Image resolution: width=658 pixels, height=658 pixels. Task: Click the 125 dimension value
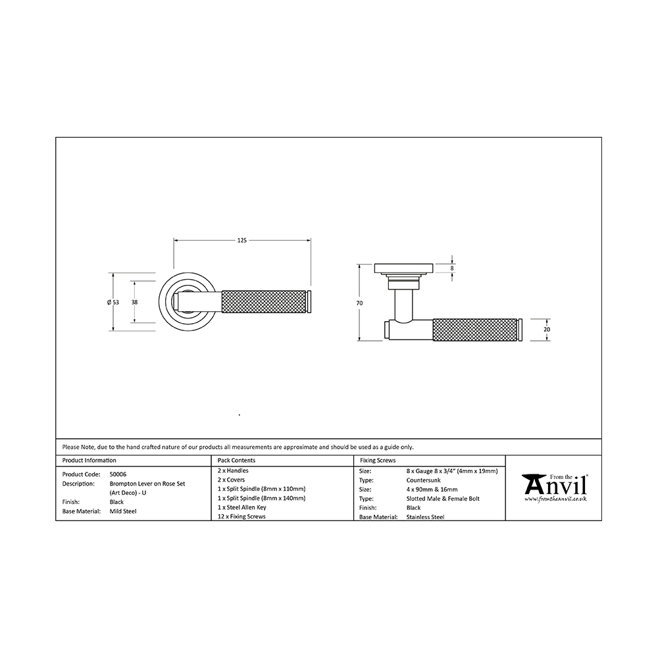[x=242, y=240]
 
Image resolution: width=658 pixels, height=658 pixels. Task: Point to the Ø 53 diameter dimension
[x=113, y=302]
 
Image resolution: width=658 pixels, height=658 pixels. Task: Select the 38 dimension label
[x=134, y=302]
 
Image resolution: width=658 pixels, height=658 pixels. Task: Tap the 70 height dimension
[x=359, y=303]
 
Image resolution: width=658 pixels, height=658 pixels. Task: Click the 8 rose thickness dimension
[x=452, y=268]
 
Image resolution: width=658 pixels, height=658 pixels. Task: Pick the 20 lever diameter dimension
[x=546, y=330]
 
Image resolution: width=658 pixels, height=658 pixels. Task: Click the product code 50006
[x=118, y=474]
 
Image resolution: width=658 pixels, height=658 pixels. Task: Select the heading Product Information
[x=89, y=461]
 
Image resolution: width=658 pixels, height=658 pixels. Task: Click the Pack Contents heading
[x=236, y=461]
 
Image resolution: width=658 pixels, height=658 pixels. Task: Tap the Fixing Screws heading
[x=378, y=461]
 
